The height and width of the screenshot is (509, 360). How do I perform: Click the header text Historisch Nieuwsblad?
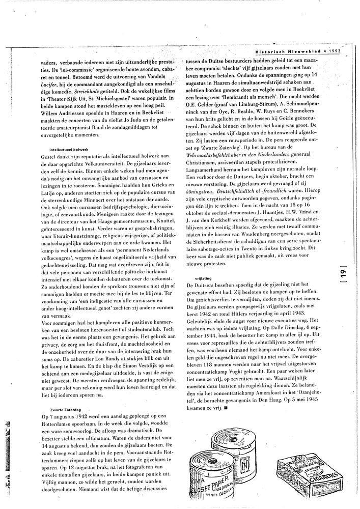[286, 50]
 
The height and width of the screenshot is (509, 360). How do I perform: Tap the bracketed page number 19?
[340, 277]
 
